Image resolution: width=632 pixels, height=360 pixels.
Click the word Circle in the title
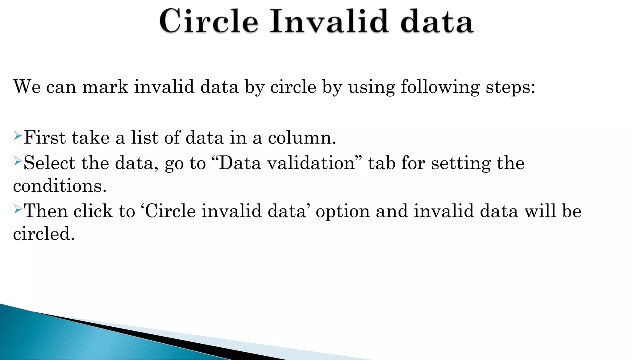[209, 21]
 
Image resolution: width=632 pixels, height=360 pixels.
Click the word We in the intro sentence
[27, 86]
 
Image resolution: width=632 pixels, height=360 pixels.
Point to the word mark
[105, 86]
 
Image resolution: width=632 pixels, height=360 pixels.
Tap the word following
[440, 87]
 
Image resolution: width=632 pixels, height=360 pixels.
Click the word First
[44, 137]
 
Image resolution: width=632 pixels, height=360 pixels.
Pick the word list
[145, 137]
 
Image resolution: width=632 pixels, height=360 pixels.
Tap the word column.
[302, 138]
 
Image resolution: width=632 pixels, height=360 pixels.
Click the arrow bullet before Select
[18, 161]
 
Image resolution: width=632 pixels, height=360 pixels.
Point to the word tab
[382, 163]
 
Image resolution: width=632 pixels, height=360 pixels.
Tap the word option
[343, 211]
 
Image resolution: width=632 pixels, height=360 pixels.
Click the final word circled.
[44, 234]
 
